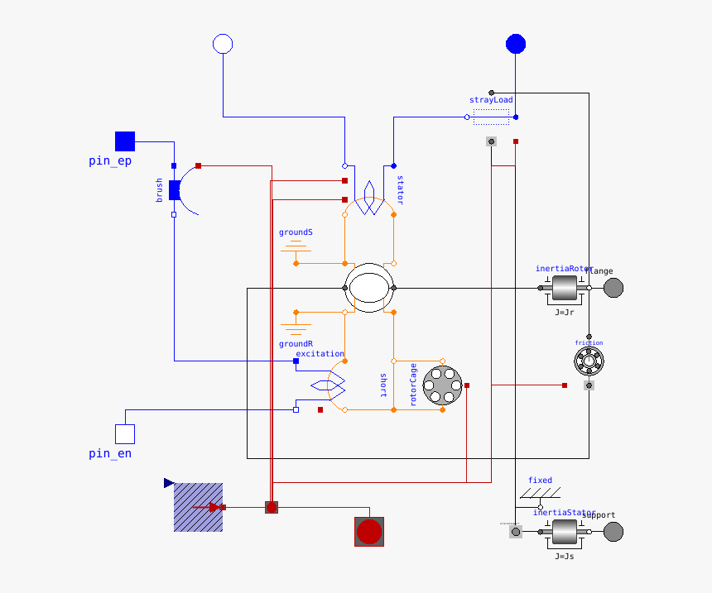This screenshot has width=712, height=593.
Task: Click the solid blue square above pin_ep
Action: click(124, 141)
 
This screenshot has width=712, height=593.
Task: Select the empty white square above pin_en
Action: click(124, 434)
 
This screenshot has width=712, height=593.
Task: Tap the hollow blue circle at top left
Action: click(223, 44)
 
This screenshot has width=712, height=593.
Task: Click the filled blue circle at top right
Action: click(516, 44)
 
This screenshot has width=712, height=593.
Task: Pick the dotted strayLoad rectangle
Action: click(492, 117)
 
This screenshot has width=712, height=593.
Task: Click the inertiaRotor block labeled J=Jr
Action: click(565, 288)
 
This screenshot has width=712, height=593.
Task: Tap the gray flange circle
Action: click(613, 288)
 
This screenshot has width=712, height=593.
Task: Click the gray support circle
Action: click(613, 532)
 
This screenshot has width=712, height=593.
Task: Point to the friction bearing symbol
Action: click(589, 360)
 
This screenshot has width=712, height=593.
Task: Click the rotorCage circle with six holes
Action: click(442, 385)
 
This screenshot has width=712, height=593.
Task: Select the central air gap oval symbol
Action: click(369, 288)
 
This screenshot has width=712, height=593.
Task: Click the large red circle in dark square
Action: click(369, 532)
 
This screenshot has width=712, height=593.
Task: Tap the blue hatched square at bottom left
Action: click(198, 507)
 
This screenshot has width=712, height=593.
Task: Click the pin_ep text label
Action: click(110, 161)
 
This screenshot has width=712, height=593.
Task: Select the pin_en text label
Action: click(110, 454)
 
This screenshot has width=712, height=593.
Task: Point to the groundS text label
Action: click(296, 232)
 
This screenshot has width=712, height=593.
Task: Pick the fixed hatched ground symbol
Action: click(540, 494)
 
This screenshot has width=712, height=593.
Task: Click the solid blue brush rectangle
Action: click(174, 190)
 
